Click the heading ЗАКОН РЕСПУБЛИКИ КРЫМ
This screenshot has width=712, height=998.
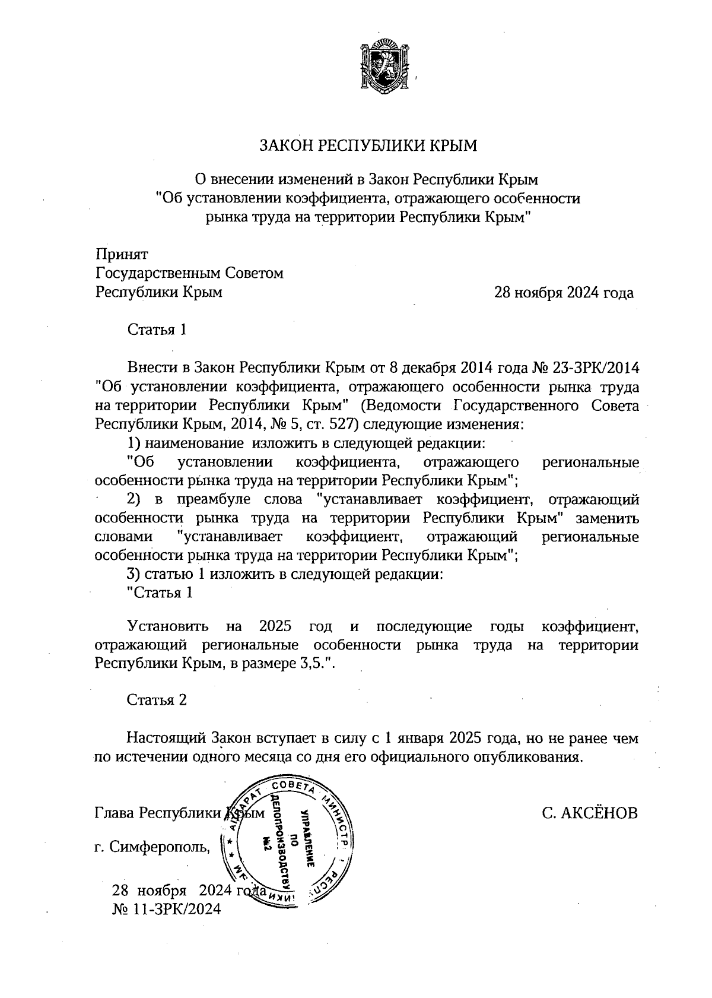pyautogui.click(x=368, y=146)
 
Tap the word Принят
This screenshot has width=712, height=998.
pyautogui.click(x=122, y=255)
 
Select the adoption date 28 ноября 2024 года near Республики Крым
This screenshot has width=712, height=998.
pyautogui.click(x=564, y=293)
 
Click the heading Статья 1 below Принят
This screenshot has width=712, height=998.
pyautogui.click(x=157, y=330)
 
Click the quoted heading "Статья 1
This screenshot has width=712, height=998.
pyautogui.click(x=160, y=593)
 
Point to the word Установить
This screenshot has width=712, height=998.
pyautogui.click(x=168, y=626)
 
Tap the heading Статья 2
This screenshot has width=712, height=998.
pyautogui.click(x=157, y=701)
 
